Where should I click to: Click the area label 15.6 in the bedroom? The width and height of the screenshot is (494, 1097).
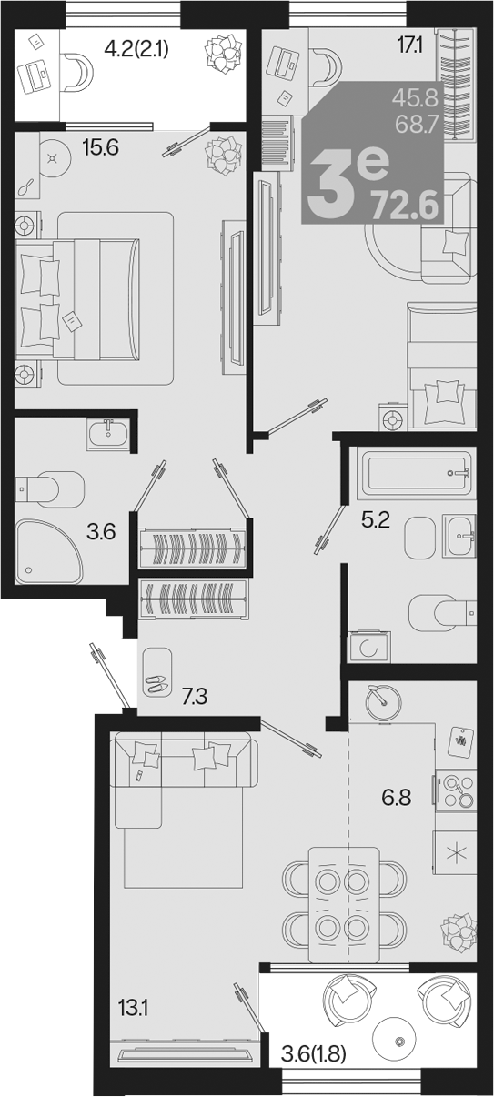[x=100, y=147]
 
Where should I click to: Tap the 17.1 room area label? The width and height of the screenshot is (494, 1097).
[x=410, y=46]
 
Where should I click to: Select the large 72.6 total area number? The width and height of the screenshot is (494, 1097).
[x=405, y=206]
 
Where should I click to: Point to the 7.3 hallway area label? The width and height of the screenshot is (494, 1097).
[x=195, y=696]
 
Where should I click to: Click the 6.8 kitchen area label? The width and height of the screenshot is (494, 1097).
[x=396, y=799]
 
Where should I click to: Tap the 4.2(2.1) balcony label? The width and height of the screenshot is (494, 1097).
[x=137, y=49]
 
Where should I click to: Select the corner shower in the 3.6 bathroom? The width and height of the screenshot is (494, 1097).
[x=48, y=551]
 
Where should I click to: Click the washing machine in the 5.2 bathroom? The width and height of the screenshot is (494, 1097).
[x=369, y=648]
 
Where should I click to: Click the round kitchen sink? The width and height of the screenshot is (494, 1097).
[x=383, y=703]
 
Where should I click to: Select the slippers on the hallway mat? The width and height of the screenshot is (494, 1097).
[x=156, y=681]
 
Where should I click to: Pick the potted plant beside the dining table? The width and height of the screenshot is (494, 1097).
[x=459, y=931]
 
